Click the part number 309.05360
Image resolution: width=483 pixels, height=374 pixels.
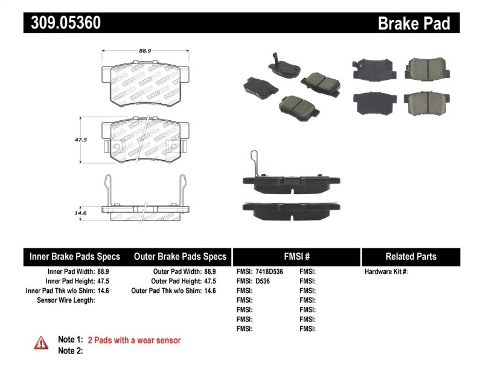pyautogui.click(x=62, y=23)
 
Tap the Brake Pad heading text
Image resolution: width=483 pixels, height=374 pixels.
pyautogui.click(x=414, y=23)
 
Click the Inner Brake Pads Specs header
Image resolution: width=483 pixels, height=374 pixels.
pyautogui.click(x=75, y=257)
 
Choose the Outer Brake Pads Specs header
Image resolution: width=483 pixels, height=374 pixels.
pyautogui.click(x=179, y=257)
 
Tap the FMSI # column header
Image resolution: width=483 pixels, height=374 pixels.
pyautogui.click(x=296, y=257)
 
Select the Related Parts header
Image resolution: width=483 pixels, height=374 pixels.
pyautogui.click(x=411, y=257)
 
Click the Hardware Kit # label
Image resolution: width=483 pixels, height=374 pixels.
pyautogui.click(x=386, y=272)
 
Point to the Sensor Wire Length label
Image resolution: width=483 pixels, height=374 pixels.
pyautogui.click(x=66, y=300)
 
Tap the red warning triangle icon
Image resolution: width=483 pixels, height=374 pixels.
pyautogui.click(x=40, y=343)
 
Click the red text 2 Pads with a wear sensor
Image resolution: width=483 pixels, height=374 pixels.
pyautogui.click(x=134, y=340)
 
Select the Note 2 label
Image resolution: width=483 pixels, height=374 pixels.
pyautogui.click(x=69, y=350)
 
